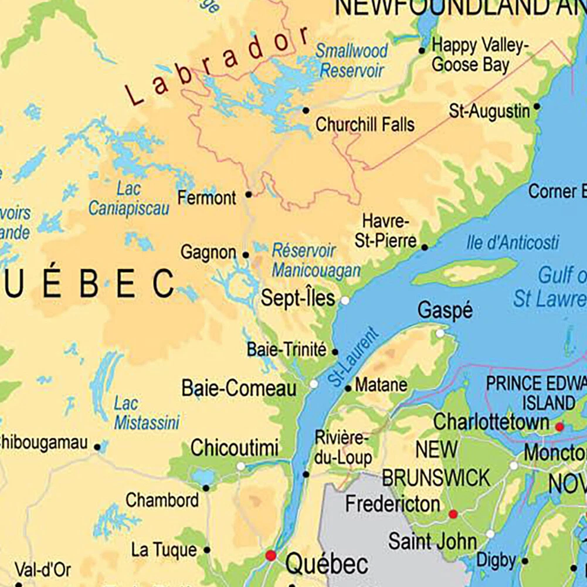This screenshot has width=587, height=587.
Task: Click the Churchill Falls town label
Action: pos(365,124)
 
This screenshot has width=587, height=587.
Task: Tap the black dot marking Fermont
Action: pos(248,194)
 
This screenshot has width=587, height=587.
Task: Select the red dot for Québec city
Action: pos(270,555)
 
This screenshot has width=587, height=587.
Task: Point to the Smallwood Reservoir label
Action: pos(351,61)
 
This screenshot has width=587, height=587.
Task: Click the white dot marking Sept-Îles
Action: pos(345,300)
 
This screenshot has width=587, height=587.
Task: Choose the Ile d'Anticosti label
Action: pos(513,242)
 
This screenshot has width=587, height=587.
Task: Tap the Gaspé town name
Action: pos(445,311)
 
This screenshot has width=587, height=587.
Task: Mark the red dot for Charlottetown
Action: pos(559,427)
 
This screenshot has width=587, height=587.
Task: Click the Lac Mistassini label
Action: pos(147,413)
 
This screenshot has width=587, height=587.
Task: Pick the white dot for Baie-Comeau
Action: pos(314,384)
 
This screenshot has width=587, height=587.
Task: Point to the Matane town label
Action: pos(381,385)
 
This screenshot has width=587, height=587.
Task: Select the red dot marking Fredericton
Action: pos(453,514)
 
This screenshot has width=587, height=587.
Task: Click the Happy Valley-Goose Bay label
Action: pos(480,55)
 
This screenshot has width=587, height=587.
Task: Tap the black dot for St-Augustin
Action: pos(537,107)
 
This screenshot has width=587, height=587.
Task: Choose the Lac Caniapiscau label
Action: pos(129,199)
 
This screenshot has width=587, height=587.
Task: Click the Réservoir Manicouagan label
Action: pos(316,260)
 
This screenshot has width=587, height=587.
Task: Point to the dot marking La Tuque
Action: pos(206,550)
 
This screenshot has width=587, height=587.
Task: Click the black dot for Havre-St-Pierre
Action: pos(425,247)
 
